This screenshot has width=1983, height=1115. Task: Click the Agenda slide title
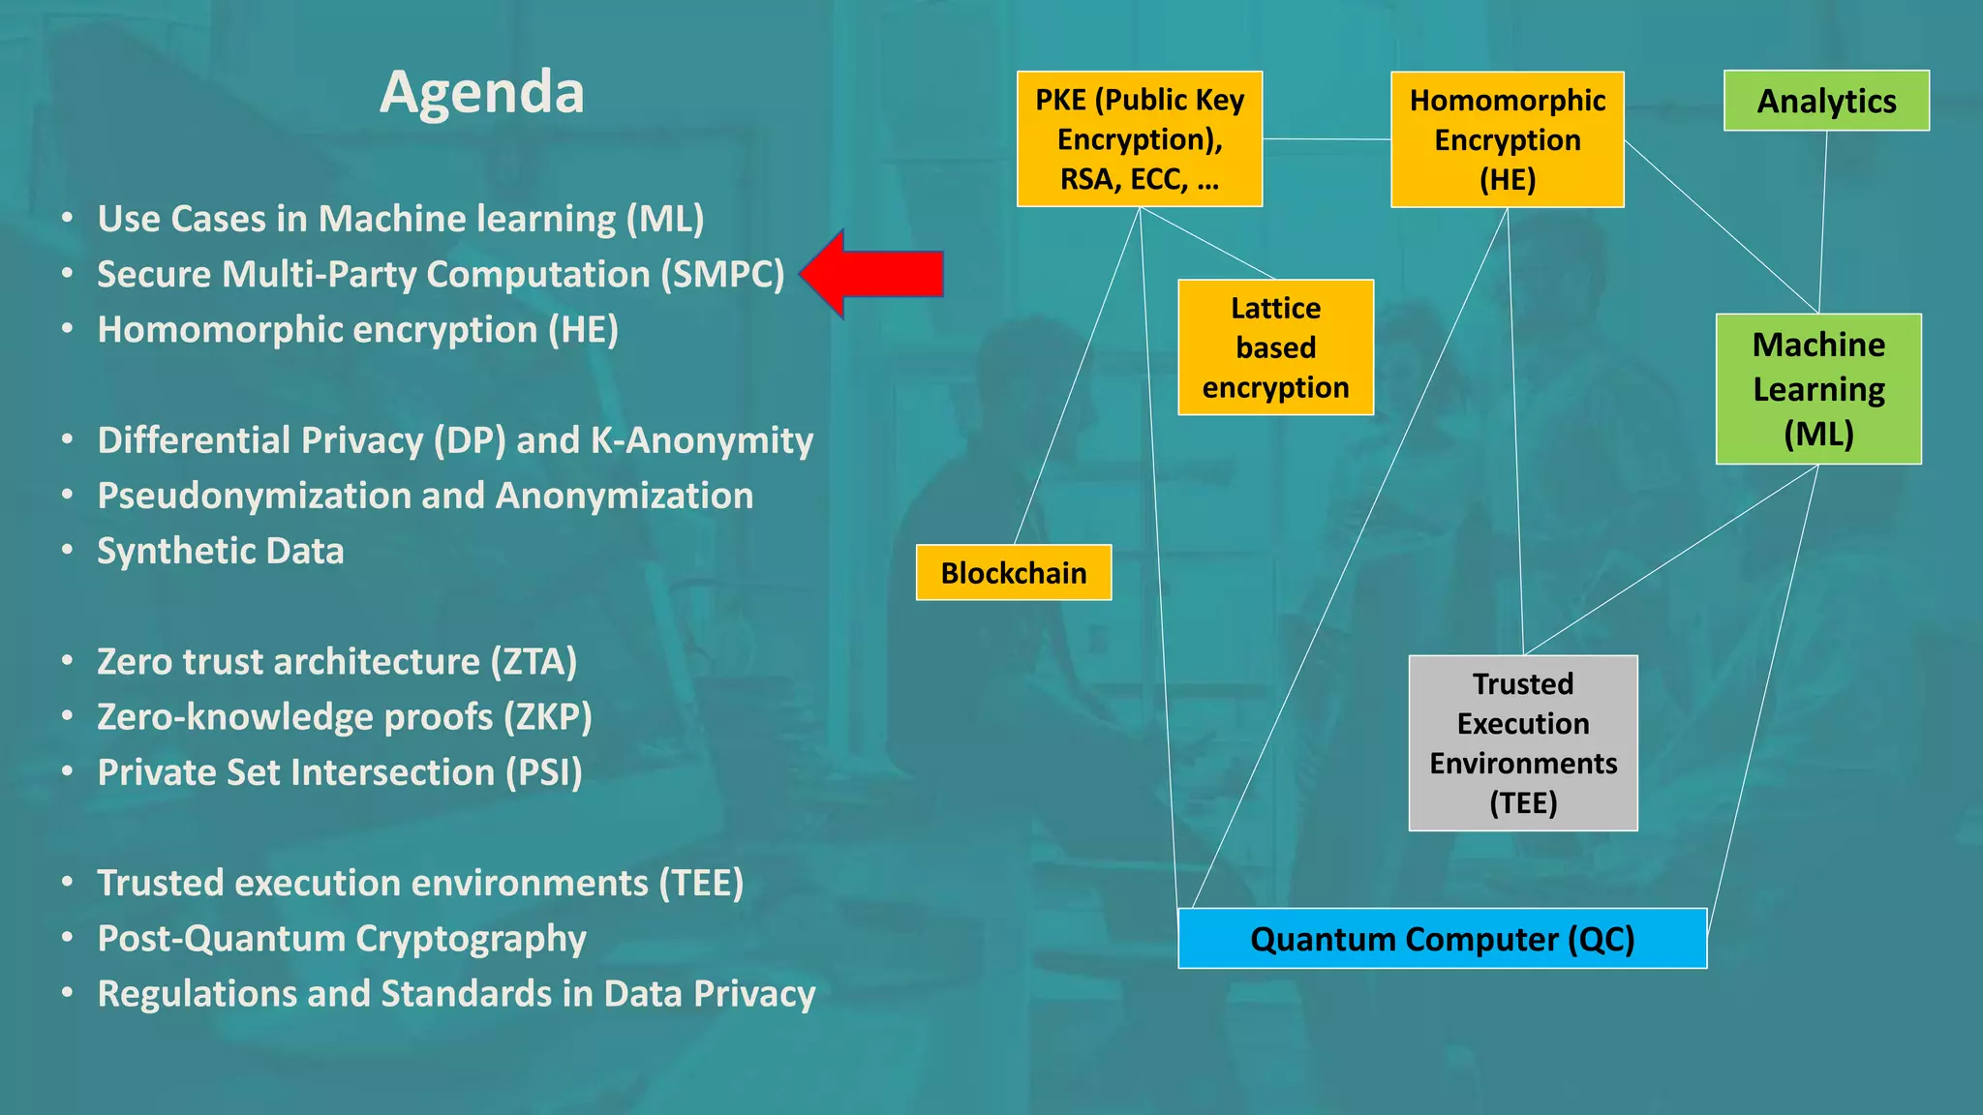tap(481, 93)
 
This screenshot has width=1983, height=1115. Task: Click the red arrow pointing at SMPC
tap(876, 274)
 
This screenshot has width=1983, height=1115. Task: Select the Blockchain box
tap(1013, 573)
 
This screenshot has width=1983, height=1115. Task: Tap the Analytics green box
tap(1826, 101)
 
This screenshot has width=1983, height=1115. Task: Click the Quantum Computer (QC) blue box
tap(1442, 939)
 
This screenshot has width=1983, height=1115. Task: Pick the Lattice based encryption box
tap(1275, 347)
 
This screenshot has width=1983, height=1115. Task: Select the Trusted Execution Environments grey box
tap(1523, 743)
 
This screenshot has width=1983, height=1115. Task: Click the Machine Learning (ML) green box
tap(1818, 389)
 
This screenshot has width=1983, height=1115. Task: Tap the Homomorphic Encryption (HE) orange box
tap(1507, 139)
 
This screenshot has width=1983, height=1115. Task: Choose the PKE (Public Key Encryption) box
tap(1139, 139)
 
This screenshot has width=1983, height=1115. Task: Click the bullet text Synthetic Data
tap(221, 551)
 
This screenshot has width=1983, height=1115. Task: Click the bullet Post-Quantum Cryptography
tap(342, 939)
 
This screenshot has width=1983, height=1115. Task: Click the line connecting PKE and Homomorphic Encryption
tap(1327, 139)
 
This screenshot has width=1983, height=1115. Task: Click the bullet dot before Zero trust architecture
tap(67, 662)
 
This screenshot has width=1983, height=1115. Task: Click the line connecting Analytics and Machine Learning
tap(1823, 223)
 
